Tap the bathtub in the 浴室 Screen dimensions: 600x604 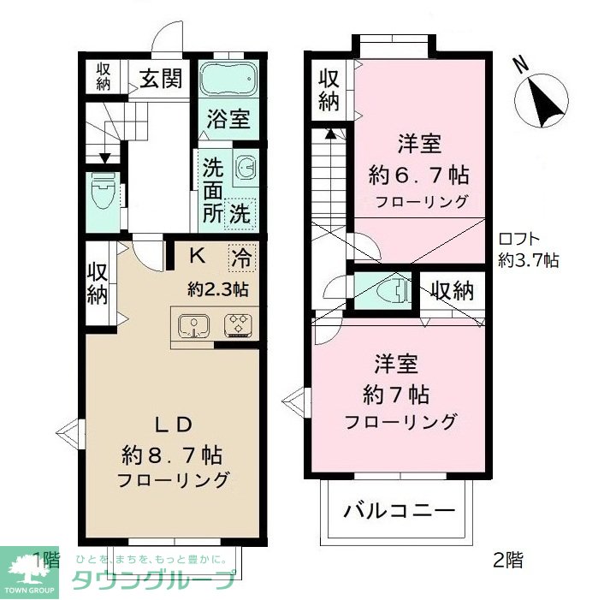tap(228, 80)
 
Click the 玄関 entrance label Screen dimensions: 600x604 tap(160, 80)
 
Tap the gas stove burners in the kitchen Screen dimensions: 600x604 tap(237, 325)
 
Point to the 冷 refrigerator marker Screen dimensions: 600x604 tap(240, 254)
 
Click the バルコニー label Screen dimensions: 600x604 tap(399, 513)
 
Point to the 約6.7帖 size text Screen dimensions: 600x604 tap(418, 175)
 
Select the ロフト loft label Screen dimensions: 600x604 tap(518, 241)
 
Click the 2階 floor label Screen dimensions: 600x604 tap(508, 561)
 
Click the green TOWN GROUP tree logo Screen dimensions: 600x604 tap(29, 567)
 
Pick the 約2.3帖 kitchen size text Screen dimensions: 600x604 tap(218, 288)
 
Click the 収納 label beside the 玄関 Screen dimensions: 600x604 tap(104, 77)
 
